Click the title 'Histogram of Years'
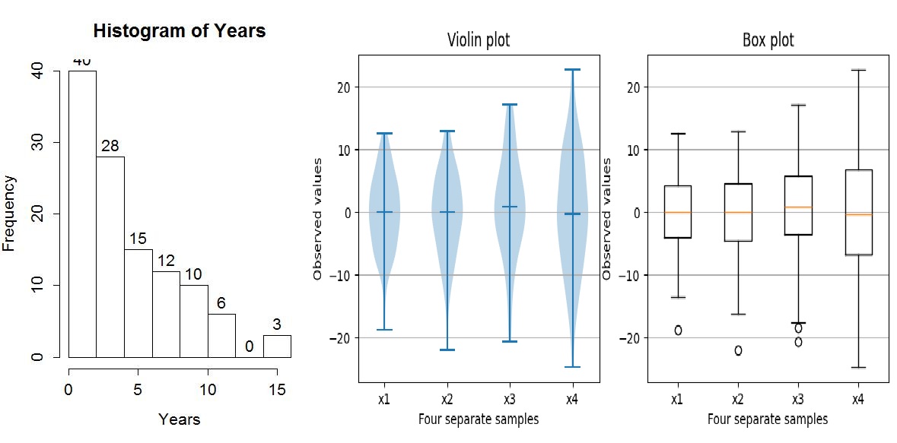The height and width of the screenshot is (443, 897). (x=179, y=31)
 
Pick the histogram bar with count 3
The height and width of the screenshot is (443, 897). (x=277, y=346)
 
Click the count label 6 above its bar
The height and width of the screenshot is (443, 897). (x=221, y=303)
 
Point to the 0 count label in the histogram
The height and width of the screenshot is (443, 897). (x=249, y=346)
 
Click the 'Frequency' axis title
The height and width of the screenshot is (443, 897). (x=10, y=214)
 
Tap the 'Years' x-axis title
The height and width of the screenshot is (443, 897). (x=180, y=419)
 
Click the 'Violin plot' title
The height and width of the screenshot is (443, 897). (x=479, y=40)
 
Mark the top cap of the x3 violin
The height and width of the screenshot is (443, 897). (x=510, y=104)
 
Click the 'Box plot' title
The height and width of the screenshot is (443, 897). (x=768, y=40)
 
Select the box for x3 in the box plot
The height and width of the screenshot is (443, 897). (x=798, y=205)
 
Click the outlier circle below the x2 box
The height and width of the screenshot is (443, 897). (x=737, y=350)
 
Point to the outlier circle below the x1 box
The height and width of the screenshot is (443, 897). (x=677, y=330)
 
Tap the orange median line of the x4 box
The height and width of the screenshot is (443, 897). (x=858, y=215)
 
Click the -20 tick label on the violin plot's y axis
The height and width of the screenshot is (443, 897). (x=339, y=337)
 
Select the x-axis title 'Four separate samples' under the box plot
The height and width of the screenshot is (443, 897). (x=768, y=419)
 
